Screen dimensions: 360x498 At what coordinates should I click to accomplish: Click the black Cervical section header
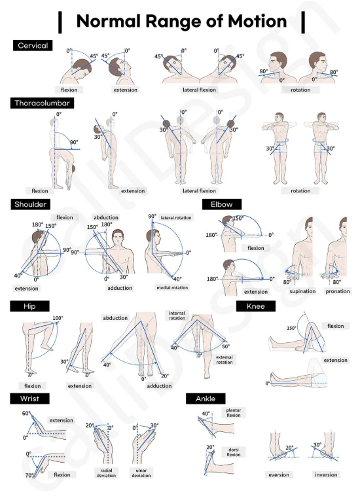click(33, 45)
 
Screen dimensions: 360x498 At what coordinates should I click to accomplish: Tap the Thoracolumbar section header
click(42, 103)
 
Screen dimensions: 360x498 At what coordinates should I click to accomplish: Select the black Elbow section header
click(222, 204)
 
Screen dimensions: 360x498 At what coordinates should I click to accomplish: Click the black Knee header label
click(256, 306)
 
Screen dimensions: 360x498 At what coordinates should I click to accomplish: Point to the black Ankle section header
click(206, 399)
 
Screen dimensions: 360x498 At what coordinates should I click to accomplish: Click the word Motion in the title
click(257, 22)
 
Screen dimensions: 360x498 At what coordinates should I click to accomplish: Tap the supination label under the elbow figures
click(302, 291)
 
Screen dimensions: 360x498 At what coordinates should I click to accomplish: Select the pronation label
click(338, 291)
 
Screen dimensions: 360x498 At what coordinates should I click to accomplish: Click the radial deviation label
click(106, 473)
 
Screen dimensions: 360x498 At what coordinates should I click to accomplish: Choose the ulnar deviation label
click(141, 473)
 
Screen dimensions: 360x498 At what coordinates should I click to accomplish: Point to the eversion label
click(279, 475)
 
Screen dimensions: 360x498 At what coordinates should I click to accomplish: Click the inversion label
click(326, 475)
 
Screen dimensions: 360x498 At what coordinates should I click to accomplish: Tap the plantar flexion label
click(234, 412)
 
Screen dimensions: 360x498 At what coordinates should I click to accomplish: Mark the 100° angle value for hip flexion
click(58, 318)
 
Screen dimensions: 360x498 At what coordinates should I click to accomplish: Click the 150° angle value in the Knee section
click(291, 328)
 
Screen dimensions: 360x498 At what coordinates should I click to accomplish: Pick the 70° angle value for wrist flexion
click(29, 476)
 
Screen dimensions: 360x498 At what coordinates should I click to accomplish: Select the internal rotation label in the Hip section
click(177, 315)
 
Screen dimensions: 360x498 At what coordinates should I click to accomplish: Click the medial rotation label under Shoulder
click(172, 288)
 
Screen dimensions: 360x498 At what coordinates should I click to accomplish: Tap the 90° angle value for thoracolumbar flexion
click(74, 142)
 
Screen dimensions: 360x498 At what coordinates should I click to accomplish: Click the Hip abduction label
click(115, 318)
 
